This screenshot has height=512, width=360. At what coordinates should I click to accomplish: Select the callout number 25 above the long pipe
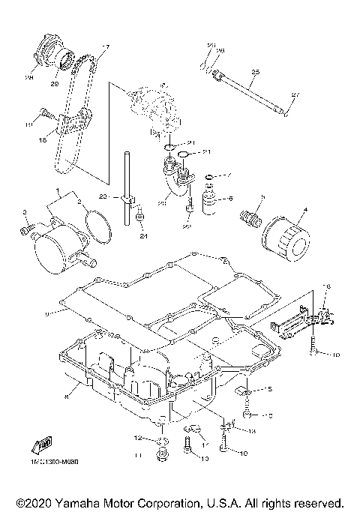[x=255, y=72]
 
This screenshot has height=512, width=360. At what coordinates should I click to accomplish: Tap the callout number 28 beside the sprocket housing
[x=31, y=76]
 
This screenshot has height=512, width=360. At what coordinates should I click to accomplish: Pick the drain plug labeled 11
[x=159, y=455]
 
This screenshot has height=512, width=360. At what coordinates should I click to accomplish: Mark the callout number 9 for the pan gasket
[x=46, y=311]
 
